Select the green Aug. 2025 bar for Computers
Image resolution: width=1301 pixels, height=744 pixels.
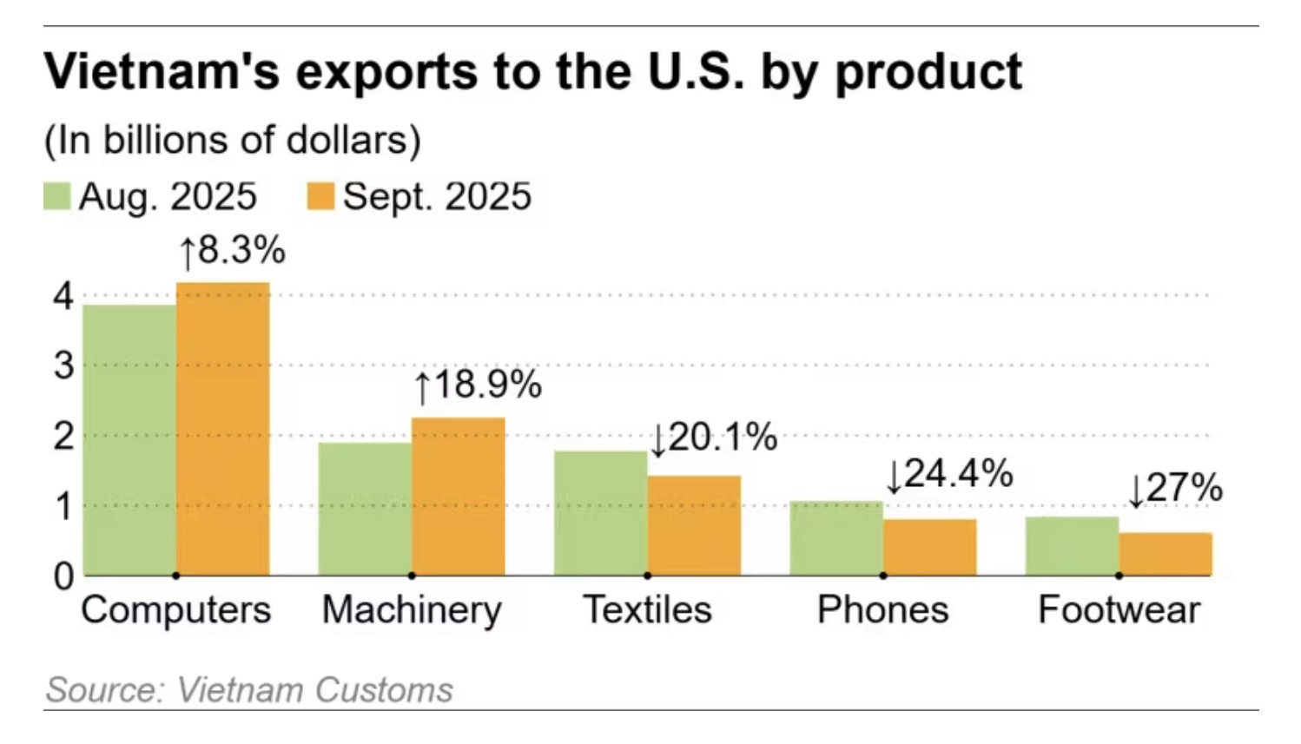click(x=130, y=439)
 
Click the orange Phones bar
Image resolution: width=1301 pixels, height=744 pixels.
click(x=929, y=547)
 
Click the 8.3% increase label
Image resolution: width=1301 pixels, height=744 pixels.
click(x=232, y=251)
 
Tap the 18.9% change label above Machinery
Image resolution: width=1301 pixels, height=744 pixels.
click(x=478, y=385)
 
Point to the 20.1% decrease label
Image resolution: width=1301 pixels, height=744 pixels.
click(x=714, y=438)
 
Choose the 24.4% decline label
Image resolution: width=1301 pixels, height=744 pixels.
click(x=949, y=474)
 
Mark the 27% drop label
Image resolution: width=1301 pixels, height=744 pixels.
click(x=1175, y=489)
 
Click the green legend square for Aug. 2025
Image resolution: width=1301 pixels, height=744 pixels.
click(x=56, y=196)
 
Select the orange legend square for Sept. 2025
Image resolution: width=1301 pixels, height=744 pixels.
click(x=320, y=196)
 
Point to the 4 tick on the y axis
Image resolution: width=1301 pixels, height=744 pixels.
click(x=63, y=297)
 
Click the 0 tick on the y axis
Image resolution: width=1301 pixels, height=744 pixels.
click(x=63, y=576)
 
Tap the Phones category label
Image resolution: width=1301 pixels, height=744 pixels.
click(x=882, y=609)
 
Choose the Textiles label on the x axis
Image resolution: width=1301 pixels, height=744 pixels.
click(x=647, y=609)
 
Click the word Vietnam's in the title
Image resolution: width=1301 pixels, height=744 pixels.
click(x=162, y=71)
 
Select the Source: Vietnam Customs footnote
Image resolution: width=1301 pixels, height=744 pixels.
click(x=249, y=690)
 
